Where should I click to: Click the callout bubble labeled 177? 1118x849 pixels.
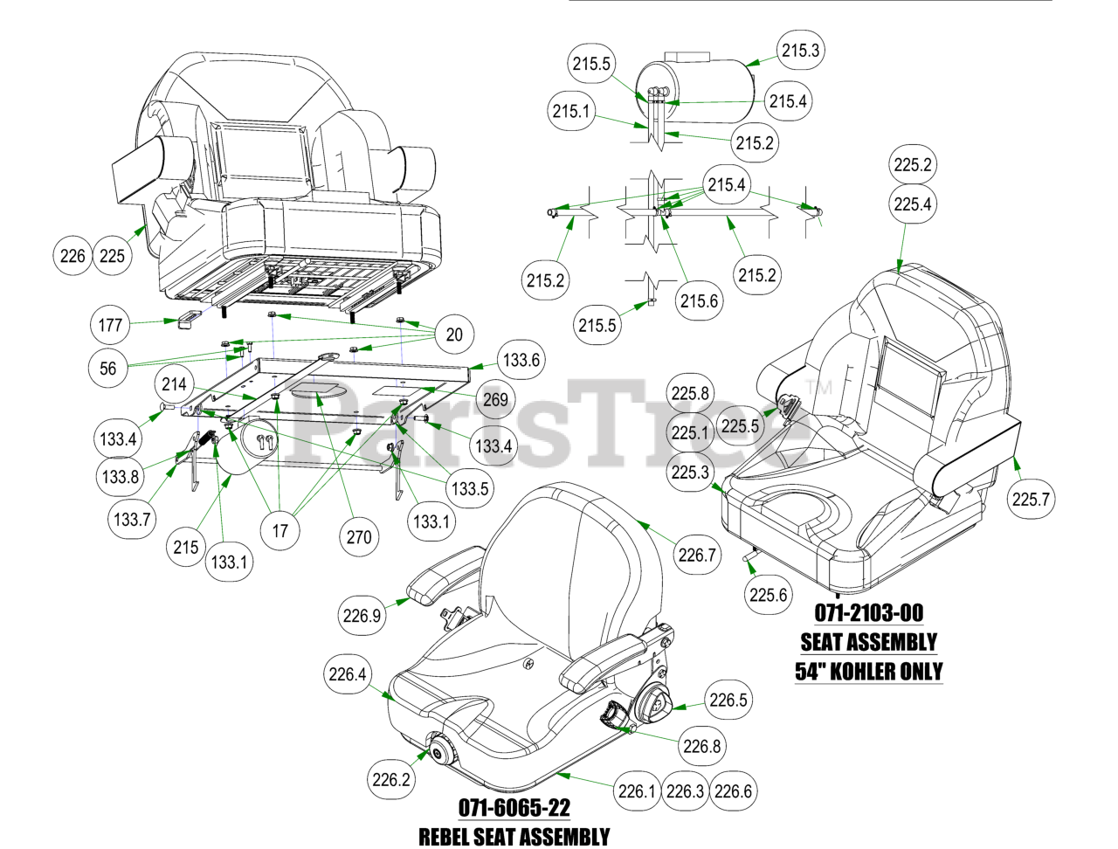point(110,325)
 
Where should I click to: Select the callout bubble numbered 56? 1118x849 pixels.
point(107,368)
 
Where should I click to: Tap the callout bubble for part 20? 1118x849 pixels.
point(454,335)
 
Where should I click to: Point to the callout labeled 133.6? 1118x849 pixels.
point(521,360)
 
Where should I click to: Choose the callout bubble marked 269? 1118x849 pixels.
point(495,399)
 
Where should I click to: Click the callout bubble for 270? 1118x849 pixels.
point(359,536)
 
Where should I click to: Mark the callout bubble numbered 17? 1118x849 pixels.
point(279,530)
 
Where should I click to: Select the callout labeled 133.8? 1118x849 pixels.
point(120,477)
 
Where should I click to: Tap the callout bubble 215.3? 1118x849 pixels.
point(800,51)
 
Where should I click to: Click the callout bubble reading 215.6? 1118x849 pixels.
point(699,301)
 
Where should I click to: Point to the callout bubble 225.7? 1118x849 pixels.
point(1031,499)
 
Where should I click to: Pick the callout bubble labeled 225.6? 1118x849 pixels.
point(768,595)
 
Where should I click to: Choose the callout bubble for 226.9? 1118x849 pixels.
point(362,616)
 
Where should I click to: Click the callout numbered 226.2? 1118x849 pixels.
point(390,779)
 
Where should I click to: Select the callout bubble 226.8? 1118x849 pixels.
point(701,746)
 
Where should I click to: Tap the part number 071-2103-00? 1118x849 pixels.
point(868,613)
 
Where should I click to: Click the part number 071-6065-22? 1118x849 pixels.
point(514,807)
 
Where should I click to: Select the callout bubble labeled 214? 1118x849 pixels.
point(174,384)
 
